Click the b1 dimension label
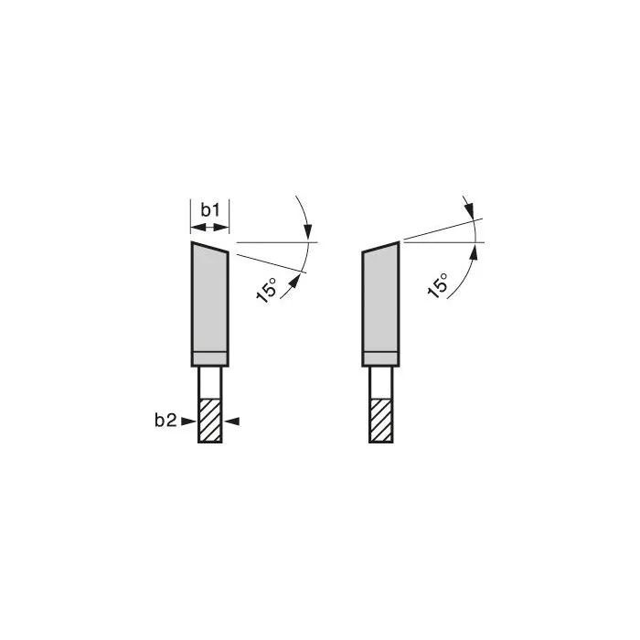point(210,210)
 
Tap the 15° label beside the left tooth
point(267,290)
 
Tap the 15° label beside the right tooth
point(438,284)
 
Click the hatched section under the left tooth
point(209,421)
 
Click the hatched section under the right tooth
point(381,421)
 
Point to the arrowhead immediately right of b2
point(188,421)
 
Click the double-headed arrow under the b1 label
point(209,226)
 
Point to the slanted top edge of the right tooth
point(381,246)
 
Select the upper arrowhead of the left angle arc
point(310,234)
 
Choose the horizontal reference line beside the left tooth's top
point(274,242)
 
